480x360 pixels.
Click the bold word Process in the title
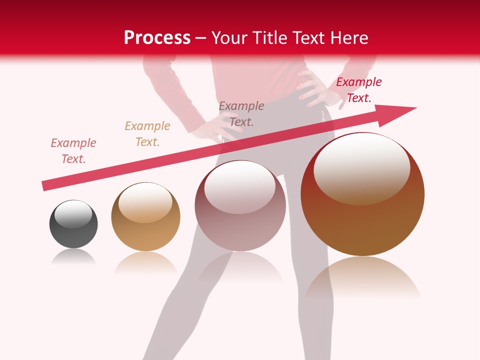157,38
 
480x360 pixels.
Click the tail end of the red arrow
45,186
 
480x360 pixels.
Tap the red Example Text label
358,90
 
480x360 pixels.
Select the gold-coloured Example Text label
147,134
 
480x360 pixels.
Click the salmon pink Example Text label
73,151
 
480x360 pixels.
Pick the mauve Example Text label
241,114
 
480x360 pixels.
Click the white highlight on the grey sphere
73,214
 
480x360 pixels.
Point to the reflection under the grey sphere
73,257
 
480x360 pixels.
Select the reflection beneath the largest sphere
362,280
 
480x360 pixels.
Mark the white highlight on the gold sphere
145,201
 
